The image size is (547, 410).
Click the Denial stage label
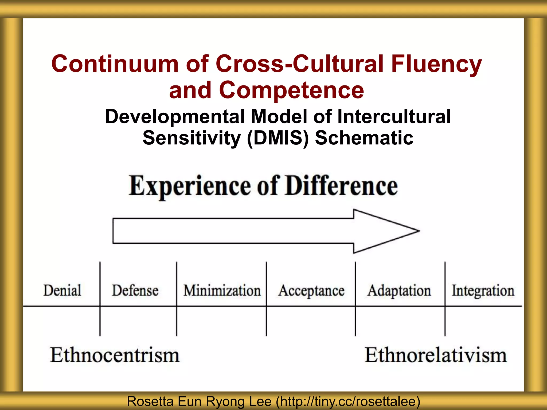pos(62,290)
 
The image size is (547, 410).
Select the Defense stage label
pos(135,290)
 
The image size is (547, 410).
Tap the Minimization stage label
pos(222,290)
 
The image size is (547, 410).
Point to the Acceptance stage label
pos(311,291)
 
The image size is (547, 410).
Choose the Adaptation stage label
pos(399,291)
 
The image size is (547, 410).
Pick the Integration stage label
pos(483,291)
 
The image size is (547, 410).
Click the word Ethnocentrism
pos(115,355)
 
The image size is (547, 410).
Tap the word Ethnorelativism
pos(436,355)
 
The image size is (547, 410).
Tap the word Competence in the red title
pos(291,90)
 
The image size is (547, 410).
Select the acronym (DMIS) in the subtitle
pos(278,138)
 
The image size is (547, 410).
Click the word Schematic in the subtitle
pos(364,138)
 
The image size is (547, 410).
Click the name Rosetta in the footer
pos(150,401)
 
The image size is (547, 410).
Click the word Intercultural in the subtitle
pos(394,117)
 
